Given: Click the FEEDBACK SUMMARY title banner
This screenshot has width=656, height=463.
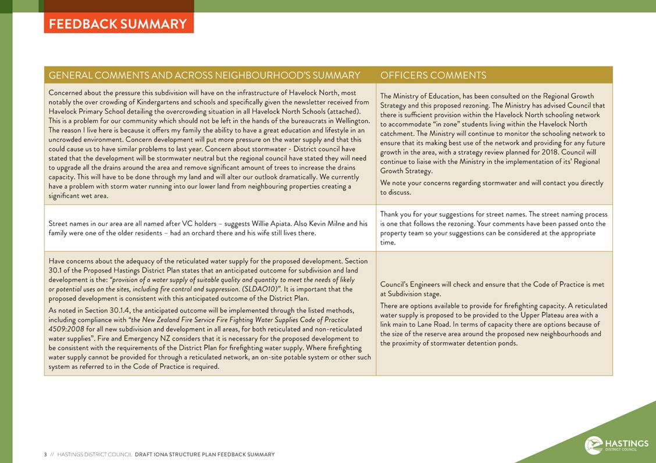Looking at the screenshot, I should tap(118, 24).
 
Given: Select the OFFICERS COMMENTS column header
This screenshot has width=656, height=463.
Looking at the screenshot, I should tap(433, 76).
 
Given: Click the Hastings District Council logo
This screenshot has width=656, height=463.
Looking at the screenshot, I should tap(616, 444).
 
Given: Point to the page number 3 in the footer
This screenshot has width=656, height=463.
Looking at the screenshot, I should tap(45, 454).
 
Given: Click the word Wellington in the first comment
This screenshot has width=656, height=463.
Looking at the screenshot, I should tap(351, 121).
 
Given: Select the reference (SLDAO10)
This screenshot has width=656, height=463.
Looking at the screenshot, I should tap(259, 289).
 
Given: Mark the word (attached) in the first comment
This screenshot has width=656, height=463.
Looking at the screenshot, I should tap(344, 112).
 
